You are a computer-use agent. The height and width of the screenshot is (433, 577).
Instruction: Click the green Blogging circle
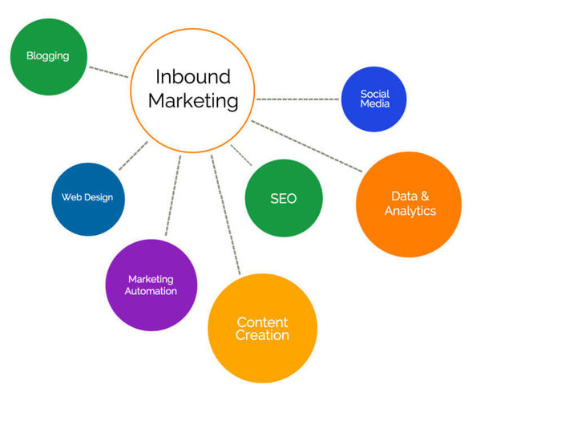coord(49,57)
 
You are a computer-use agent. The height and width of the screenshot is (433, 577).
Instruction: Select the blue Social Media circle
coord(374,99)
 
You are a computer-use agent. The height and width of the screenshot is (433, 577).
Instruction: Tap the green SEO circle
coord(284,198)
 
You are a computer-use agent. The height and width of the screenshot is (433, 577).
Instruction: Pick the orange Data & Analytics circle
coord(409,204)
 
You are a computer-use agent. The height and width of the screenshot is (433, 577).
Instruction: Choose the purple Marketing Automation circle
coord(151,285)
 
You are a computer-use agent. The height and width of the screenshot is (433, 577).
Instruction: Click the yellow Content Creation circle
coord(262,329)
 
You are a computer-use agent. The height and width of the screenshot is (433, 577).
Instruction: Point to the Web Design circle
coord(88,199)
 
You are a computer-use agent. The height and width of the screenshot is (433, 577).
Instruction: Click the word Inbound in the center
coord(193,77)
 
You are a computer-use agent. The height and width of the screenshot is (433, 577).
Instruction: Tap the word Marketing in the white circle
coord(193,101)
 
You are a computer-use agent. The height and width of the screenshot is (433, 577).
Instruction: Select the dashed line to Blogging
coord(108,72)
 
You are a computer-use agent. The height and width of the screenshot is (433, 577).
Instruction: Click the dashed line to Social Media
coord(297,99)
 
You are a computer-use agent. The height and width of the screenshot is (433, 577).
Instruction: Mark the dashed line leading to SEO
coord(241,155)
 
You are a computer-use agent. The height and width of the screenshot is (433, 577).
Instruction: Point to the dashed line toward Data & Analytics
coord(306,146)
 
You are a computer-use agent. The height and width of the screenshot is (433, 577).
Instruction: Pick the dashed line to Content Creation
coord(225,215)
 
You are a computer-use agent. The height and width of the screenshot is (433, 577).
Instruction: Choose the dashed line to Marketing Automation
coord(173,195)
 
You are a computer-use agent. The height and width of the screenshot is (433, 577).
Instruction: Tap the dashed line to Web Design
coord(133,156)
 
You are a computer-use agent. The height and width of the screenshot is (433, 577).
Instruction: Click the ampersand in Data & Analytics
coord(425,196)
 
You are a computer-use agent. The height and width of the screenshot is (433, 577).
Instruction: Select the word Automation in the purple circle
coord(151,291)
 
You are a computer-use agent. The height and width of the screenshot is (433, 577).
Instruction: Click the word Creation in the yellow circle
coord(262,335)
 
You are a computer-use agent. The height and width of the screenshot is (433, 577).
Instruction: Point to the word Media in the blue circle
coord(375,103)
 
